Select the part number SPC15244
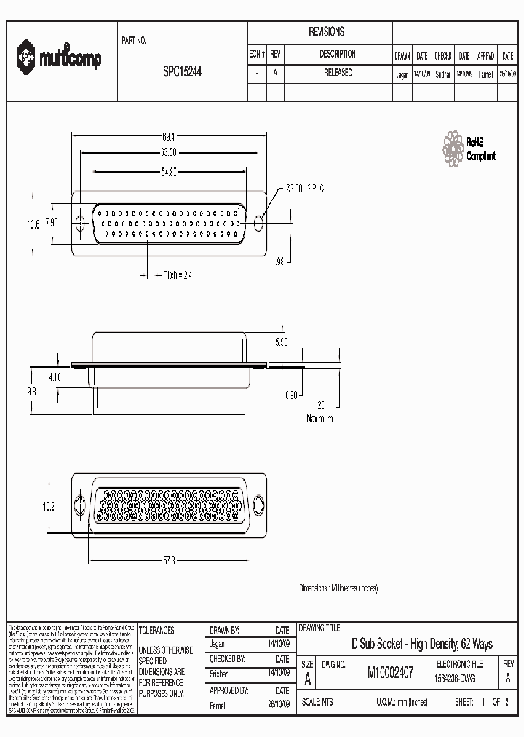[183, 73]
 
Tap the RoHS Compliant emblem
[469, 148]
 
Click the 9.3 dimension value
[31, 390]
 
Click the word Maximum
[319, 419]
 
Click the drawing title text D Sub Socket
[421, 644]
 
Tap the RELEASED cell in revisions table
[337, 73]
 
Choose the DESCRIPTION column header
[337, 54]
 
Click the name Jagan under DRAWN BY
[218, 644]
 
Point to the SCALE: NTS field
[319, 703]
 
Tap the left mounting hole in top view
[80, 221]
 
